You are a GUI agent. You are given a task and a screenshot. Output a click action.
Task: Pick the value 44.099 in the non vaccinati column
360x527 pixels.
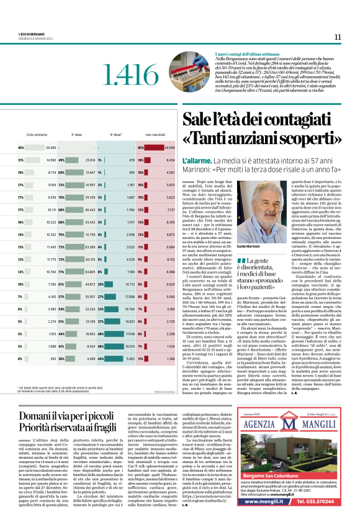(169, 148)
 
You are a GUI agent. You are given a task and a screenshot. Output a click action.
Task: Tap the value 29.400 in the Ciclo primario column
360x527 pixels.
(50, 148)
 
